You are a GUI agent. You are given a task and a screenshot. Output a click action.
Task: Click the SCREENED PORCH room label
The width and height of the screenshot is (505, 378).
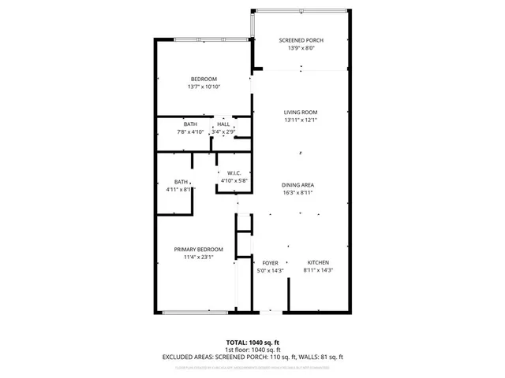(301, 40)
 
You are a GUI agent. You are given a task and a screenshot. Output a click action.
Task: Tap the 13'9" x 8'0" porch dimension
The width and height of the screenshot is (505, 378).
(301, 48)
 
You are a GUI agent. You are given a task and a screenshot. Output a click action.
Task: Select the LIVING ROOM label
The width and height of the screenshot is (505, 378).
(301, 113)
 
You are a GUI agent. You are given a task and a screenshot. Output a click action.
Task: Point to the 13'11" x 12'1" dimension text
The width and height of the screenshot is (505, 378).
(301, 120)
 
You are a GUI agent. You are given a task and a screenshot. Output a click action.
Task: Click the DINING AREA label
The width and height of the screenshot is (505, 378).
(298, 184)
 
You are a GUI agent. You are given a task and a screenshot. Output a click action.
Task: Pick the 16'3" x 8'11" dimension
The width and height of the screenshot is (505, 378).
(298, 192)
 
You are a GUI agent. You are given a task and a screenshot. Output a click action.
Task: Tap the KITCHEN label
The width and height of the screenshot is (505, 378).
(318, 262)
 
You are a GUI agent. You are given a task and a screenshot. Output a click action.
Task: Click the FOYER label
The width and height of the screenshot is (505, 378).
(270, 262)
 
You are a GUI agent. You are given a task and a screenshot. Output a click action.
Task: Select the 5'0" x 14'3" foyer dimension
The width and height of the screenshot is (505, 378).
(270, 270)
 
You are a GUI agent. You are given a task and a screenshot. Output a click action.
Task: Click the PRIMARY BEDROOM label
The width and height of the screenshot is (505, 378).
(193, 249)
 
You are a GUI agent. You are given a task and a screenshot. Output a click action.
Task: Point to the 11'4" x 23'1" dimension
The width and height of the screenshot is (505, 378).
(193, 257)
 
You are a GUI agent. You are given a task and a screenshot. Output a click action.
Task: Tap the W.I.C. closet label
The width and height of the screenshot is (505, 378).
(234, 172)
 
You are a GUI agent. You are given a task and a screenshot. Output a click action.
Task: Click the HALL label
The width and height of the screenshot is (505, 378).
(223, 124)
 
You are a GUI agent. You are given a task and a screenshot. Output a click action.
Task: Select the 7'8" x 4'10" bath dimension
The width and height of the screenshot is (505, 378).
(190, 132)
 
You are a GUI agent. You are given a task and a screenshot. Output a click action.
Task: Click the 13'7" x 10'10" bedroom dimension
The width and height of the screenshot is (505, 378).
(204, 87)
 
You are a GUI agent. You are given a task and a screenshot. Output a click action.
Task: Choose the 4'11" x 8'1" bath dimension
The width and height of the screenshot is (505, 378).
(180, 189)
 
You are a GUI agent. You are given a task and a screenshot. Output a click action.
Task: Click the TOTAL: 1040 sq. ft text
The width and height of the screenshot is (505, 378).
(252, 342)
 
